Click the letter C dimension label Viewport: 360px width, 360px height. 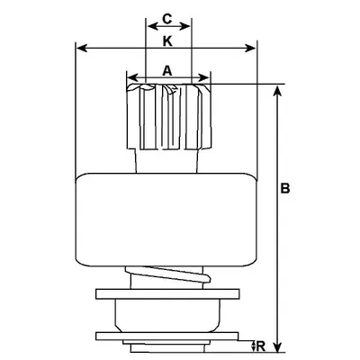[166, 18]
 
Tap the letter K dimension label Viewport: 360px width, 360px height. [166, 41]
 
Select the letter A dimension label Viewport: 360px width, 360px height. [166, 68]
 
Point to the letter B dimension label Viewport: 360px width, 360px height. [285, 189]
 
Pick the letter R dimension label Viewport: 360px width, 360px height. [260, 344]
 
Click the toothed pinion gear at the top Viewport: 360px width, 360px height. [167, 117]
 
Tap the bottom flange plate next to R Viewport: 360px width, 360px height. [167, 338]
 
